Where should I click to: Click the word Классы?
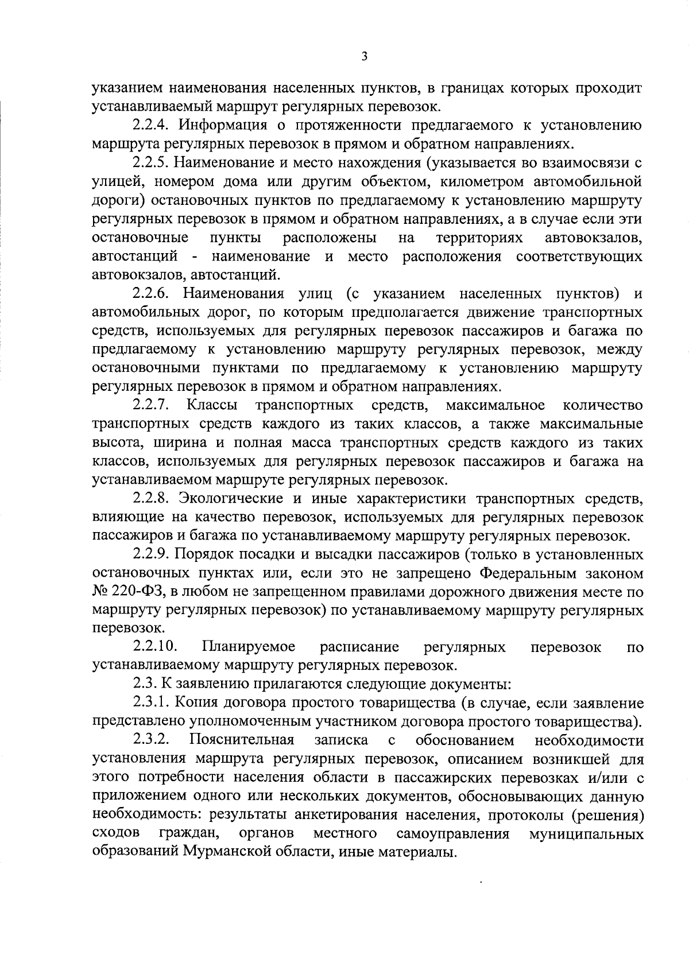click(212, 406)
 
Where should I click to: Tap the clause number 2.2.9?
click(152, 555)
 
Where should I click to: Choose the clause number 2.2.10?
click(155, 647)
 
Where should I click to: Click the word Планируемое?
click(249, 647)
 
